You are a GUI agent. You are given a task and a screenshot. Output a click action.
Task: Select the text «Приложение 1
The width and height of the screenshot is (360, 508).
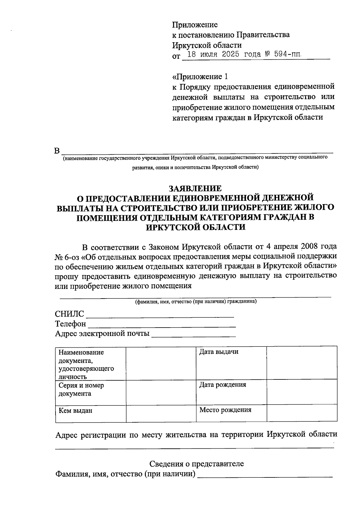coord(198,76)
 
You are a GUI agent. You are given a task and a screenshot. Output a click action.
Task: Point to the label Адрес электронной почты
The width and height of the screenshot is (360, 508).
coord(102,334)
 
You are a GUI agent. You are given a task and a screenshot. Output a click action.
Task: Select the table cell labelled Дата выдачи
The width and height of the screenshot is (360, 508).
coord(231,363)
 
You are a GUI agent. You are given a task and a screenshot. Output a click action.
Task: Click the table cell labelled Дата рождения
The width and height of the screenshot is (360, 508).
coord(231,393)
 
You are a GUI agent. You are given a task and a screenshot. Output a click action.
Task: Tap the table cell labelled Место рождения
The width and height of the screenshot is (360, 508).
coord(231,414)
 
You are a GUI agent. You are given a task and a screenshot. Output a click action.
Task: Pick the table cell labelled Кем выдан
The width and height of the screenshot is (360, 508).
coord(91,414)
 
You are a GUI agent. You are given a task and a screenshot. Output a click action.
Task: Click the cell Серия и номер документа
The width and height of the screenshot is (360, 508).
coord(91,393)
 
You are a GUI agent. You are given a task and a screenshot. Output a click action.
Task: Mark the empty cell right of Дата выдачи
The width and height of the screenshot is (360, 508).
coord(302,363)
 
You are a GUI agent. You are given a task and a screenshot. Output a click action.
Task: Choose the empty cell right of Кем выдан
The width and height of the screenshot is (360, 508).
coord(161,414)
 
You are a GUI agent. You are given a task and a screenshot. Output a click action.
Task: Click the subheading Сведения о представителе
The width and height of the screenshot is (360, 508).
coord(196,464)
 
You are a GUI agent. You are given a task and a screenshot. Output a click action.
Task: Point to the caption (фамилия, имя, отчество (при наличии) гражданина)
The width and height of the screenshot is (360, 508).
coord(196,302)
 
